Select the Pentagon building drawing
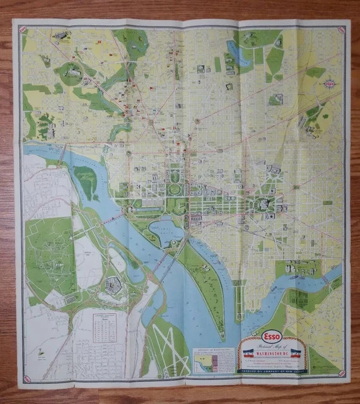click(x=116, y=286)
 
